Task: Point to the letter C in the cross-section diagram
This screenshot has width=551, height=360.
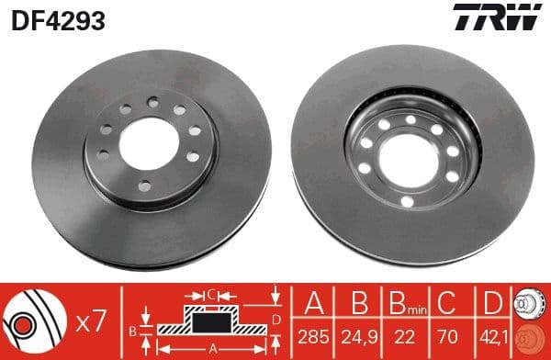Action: pos(211,296)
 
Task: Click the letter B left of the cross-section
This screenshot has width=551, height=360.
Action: pos(134,328)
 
